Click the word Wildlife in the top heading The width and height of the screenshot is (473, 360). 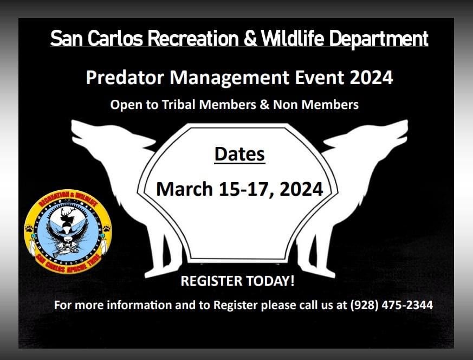click(292, 38)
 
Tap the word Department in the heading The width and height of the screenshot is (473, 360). click(379, 39)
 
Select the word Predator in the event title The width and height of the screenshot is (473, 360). click(125, 77)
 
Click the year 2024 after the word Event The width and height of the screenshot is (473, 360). click(371, 77)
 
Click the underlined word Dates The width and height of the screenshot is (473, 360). click(240, 154)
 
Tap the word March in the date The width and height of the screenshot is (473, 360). click(185, 189)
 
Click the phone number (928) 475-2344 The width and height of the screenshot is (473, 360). click(392, 305)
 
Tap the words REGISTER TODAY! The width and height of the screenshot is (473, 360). click(237, 281)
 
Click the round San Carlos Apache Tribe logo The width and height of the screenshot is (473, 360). click(68, 232)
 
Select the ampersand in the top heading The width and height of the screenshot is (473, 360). click(250, 38)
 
